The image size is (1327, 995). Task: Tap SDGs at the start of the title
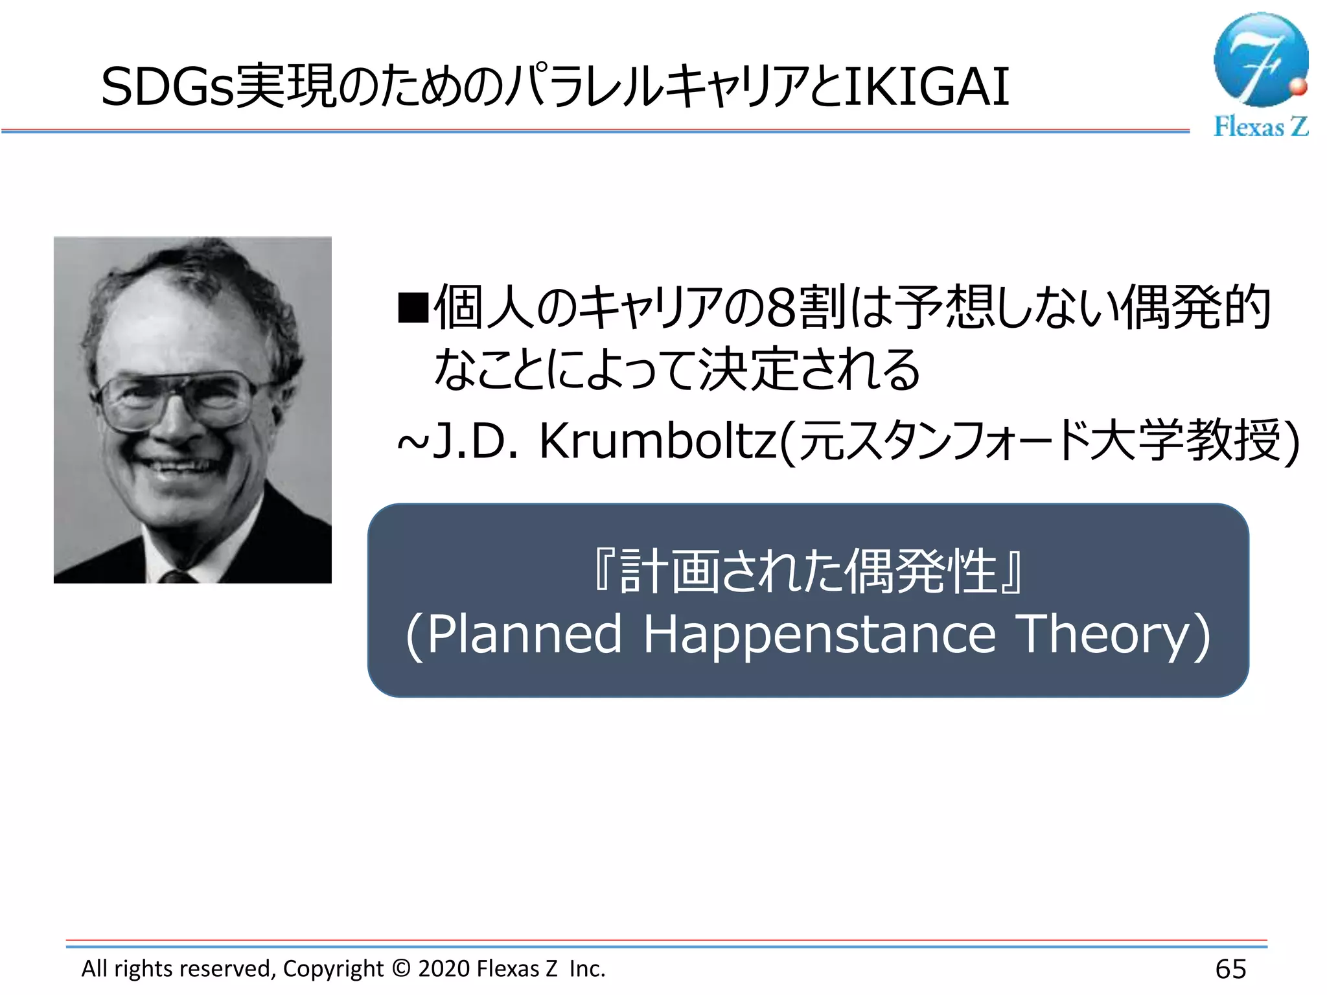pos(167,87)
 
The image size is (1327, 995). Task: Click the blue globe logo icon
pos(1260,60)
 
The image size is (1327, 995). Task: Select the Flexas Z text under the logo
pos(1260,126)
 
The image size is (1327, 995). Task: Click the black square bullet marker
pos(413,308)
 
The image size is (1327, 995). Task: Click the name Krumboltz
pos(658,441)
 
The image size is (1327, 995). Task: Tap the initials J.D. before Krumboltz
pos(475,441)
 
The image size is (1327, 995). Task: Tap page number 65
pos(1230,969)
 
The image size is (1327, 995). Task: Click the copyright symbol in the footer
pos(401,968)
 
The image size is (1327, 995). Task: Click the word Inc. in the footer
pos(587,968)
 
